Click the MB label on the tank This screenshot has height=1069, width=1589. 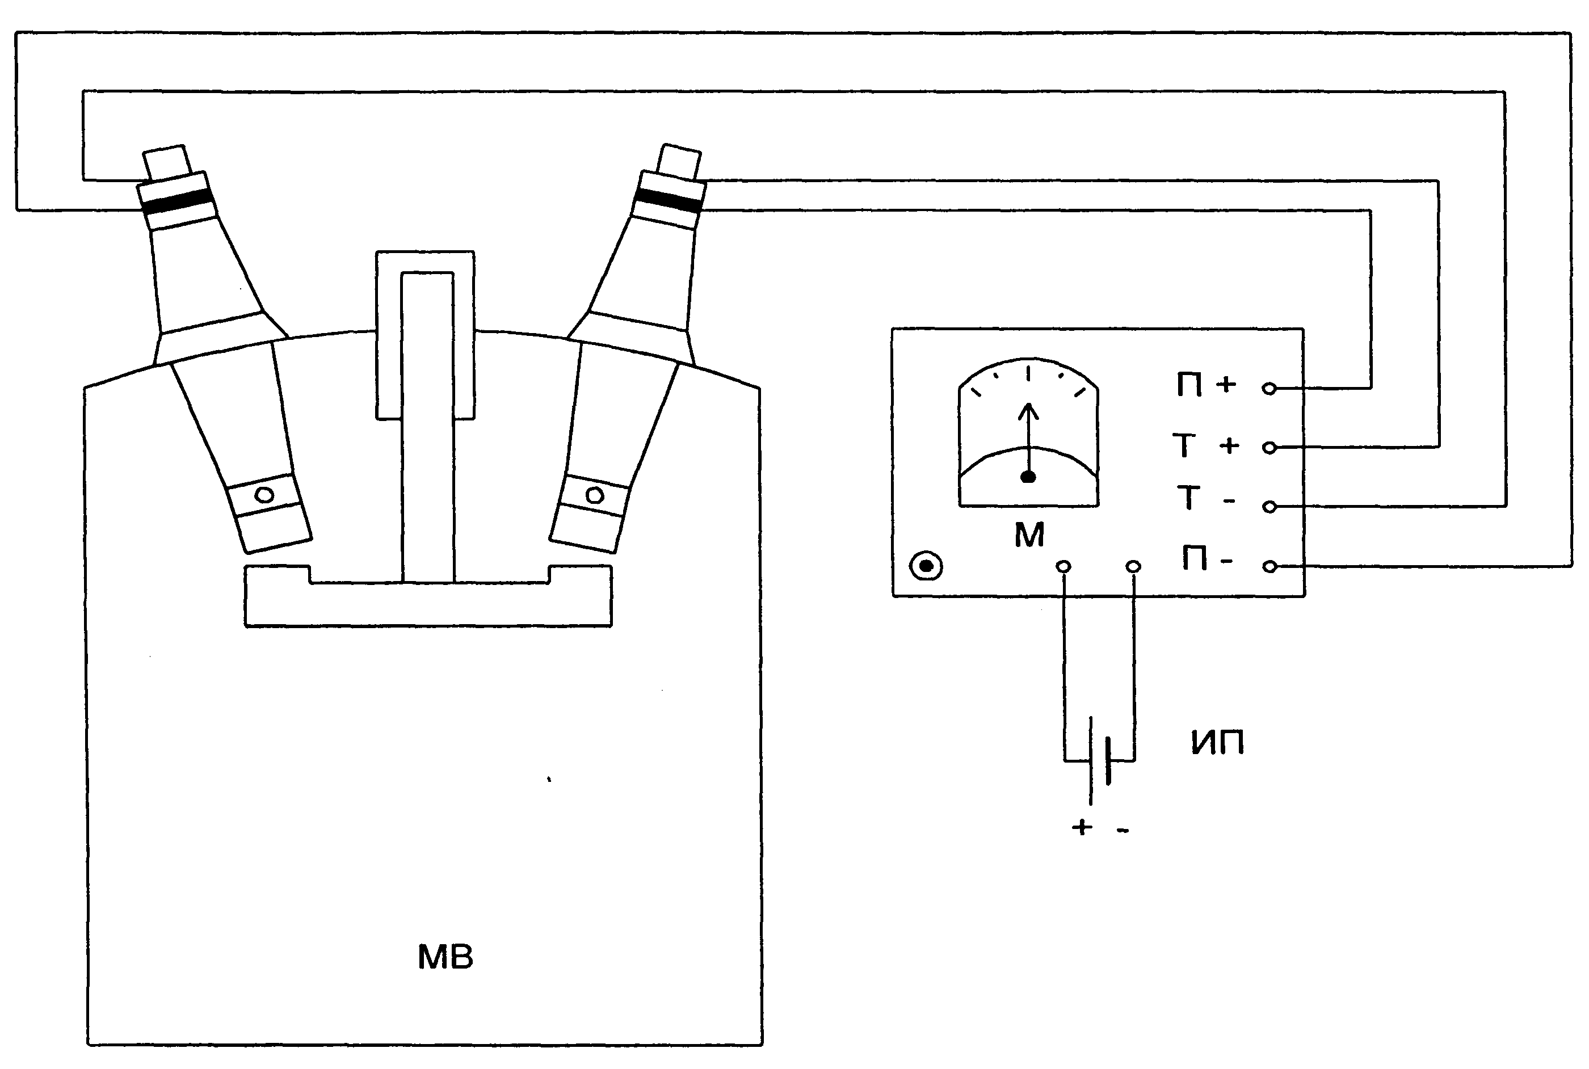444,957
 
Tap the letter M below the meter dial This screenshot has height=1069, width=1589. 1029,536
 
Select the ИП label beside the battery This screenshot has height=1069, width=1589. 1217,742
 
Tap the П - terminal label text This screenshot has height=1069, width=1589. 1207,559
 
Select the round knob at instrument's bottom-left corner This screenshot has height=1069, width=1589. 926,566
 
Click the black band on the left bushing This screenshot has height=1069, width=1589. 176,203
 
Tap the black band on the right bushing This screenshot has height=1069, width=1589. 667,200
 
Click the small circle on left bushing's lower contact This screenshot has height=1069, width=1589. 264,494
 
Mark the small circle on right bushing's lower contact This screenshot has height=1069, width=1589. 594,495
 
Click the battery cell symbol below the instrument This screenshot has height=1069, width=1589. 1099,760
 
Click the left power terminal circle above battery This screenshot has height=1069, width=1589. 1063,566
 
